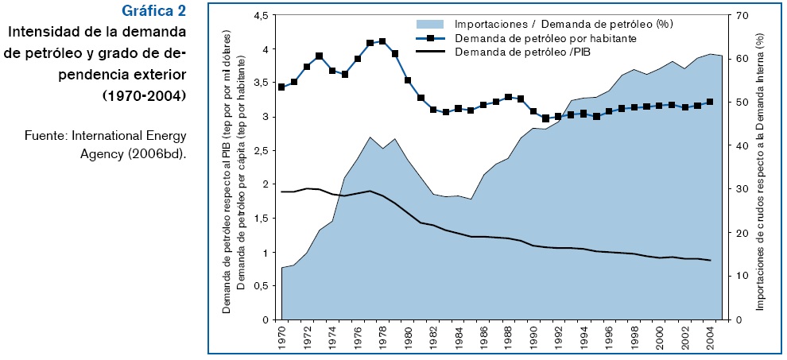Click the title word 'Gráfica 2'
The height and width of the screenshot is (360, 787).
click(154, 11)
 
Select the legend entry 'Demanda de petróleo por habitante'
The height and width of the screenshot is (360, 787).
click(545, 38)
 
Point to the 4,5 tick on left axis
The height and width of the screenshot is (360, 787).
click(261, 16)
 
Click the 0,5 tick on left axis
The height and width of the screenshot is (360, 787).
click(261, 287)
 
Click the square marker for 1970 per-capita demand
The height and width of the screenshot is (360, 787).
click(281, 87)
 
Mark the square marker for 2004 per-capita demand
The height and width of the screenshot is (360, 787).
click(709, 102)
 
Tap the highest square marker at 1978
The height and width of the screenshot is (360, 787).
click(382, 41)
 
